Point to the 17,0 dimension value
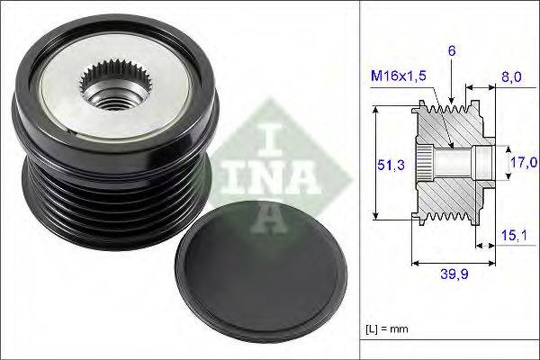tap(522, 162)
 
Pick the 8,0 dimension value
tap(511, 77)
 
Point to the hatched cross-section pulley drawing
tap(450, 163)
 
